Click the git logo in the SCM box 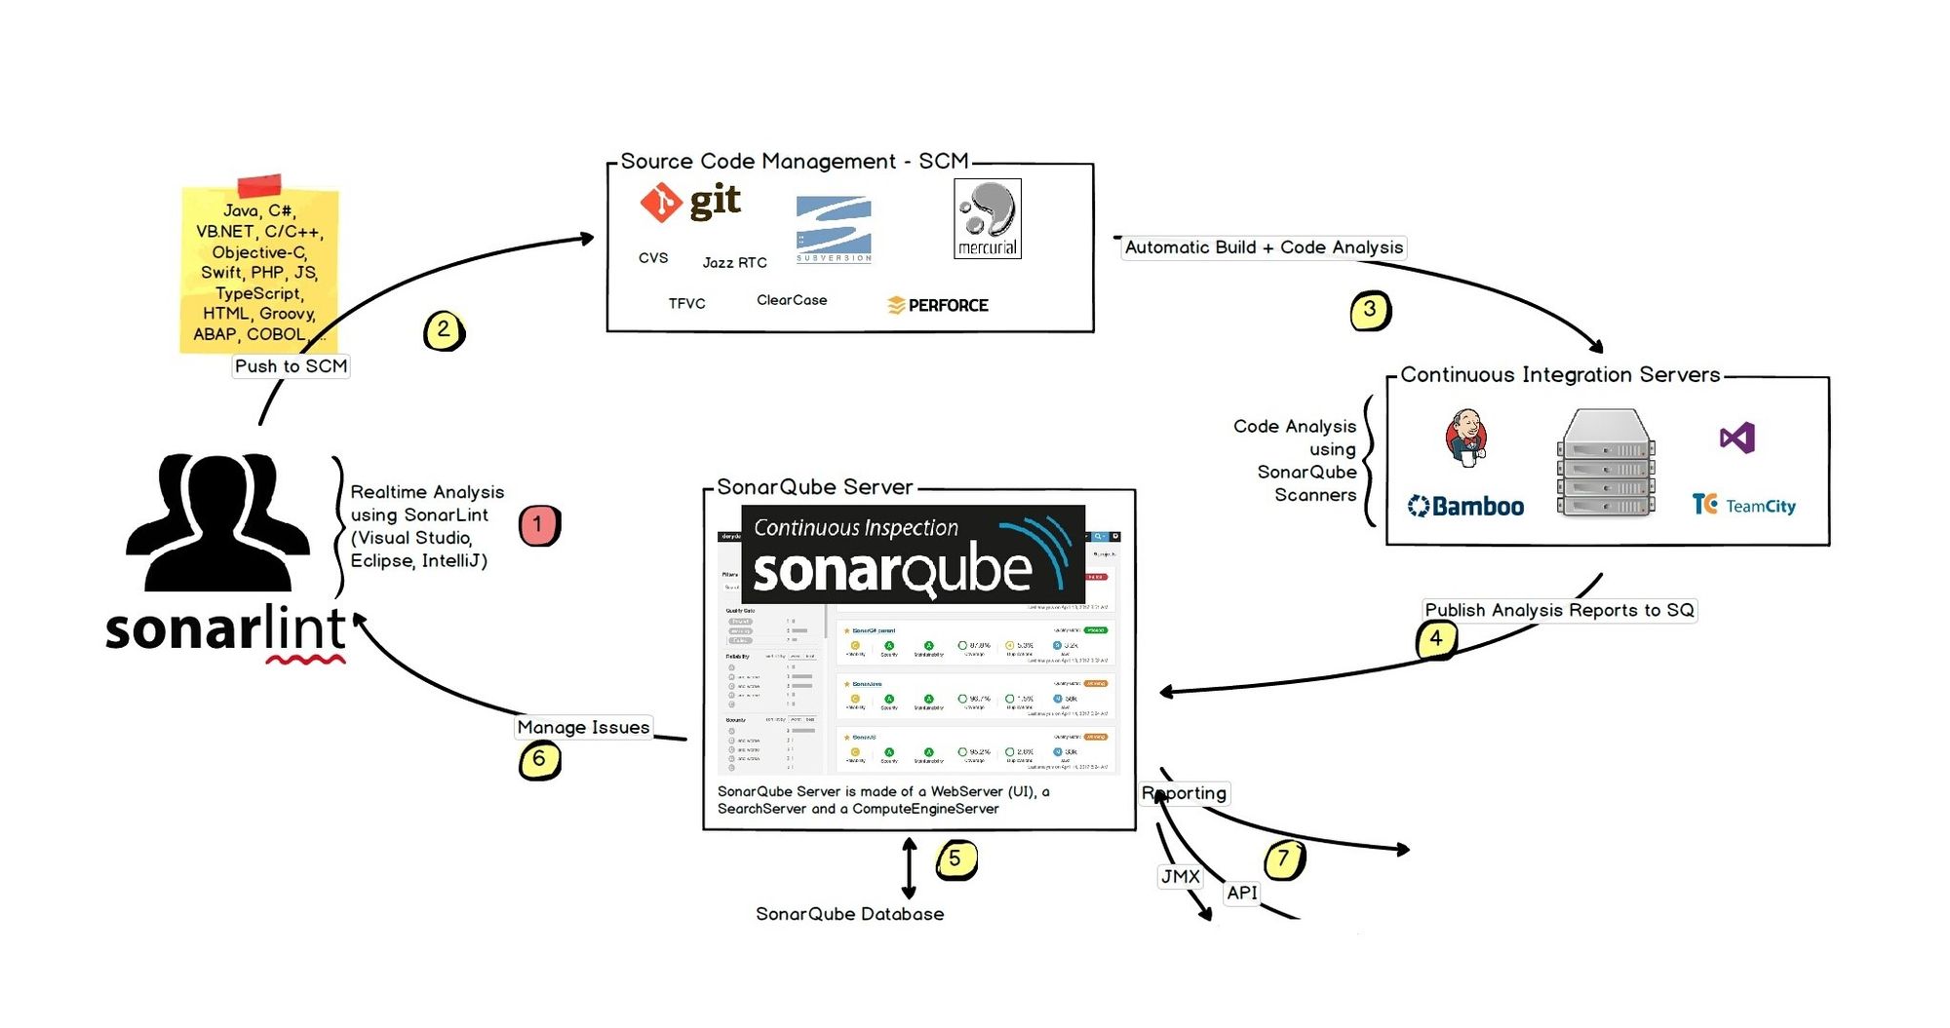tap(690, 202)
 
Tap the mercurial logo tap(987, 218)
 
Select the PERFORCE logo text tap(938, 305)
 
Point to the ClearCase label tap(792, 300)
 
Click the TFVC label tap(686, 304)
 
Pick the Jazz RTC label tap(734, 263)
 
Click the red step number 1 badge tap(538, 524)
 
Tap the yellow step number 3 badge tap(1370, 311)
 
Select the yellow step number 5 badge tap(955, 859)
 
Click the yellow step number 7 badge tap(1284, 859)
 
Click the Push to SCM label tap(291, 366)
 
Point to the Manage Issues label tap(583, 727)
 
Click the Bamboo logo tap(1465, 507)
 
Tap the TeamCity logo tap(1743, 505)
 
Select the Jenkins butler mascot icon tap(1465, 437)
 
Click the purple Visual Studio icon tap(1737, 438)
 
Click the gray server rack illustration tap(1606, 463)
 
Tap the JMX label tap(1180, 877)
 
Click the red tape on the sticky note tap(259, 185)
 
